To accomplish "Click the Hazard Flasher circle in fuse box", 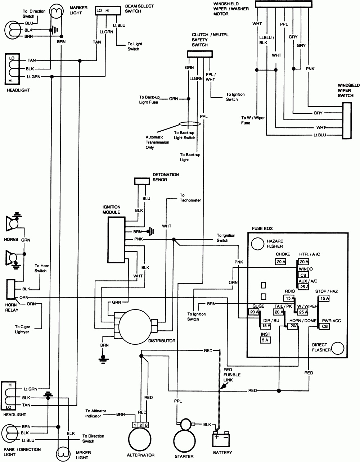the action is pos(258,244).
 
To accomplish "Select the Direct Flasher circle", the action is pos(338,348).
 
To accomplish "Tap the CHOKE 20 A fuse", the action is pos(281,262).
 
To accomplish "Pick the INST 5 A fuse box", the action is pos(265,340).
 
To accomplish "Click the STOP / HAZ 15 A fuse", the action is pos(324,298).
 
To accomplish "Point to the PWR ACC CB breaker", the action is pos(325,327).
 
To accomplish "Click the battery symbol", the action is pos(222,439).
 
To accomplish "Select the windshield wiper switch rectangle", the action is pos(347,121).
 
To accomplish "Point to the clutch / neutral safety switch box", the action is pos(198,54).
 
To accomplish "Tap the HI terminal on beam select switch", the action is pos(108,11).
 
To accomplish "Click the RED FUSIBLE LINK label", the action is pos(231,375).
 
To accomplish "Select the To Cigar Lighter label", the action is pos(22,329).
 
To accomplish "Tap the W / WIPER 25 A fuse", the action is pos(303,312).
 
